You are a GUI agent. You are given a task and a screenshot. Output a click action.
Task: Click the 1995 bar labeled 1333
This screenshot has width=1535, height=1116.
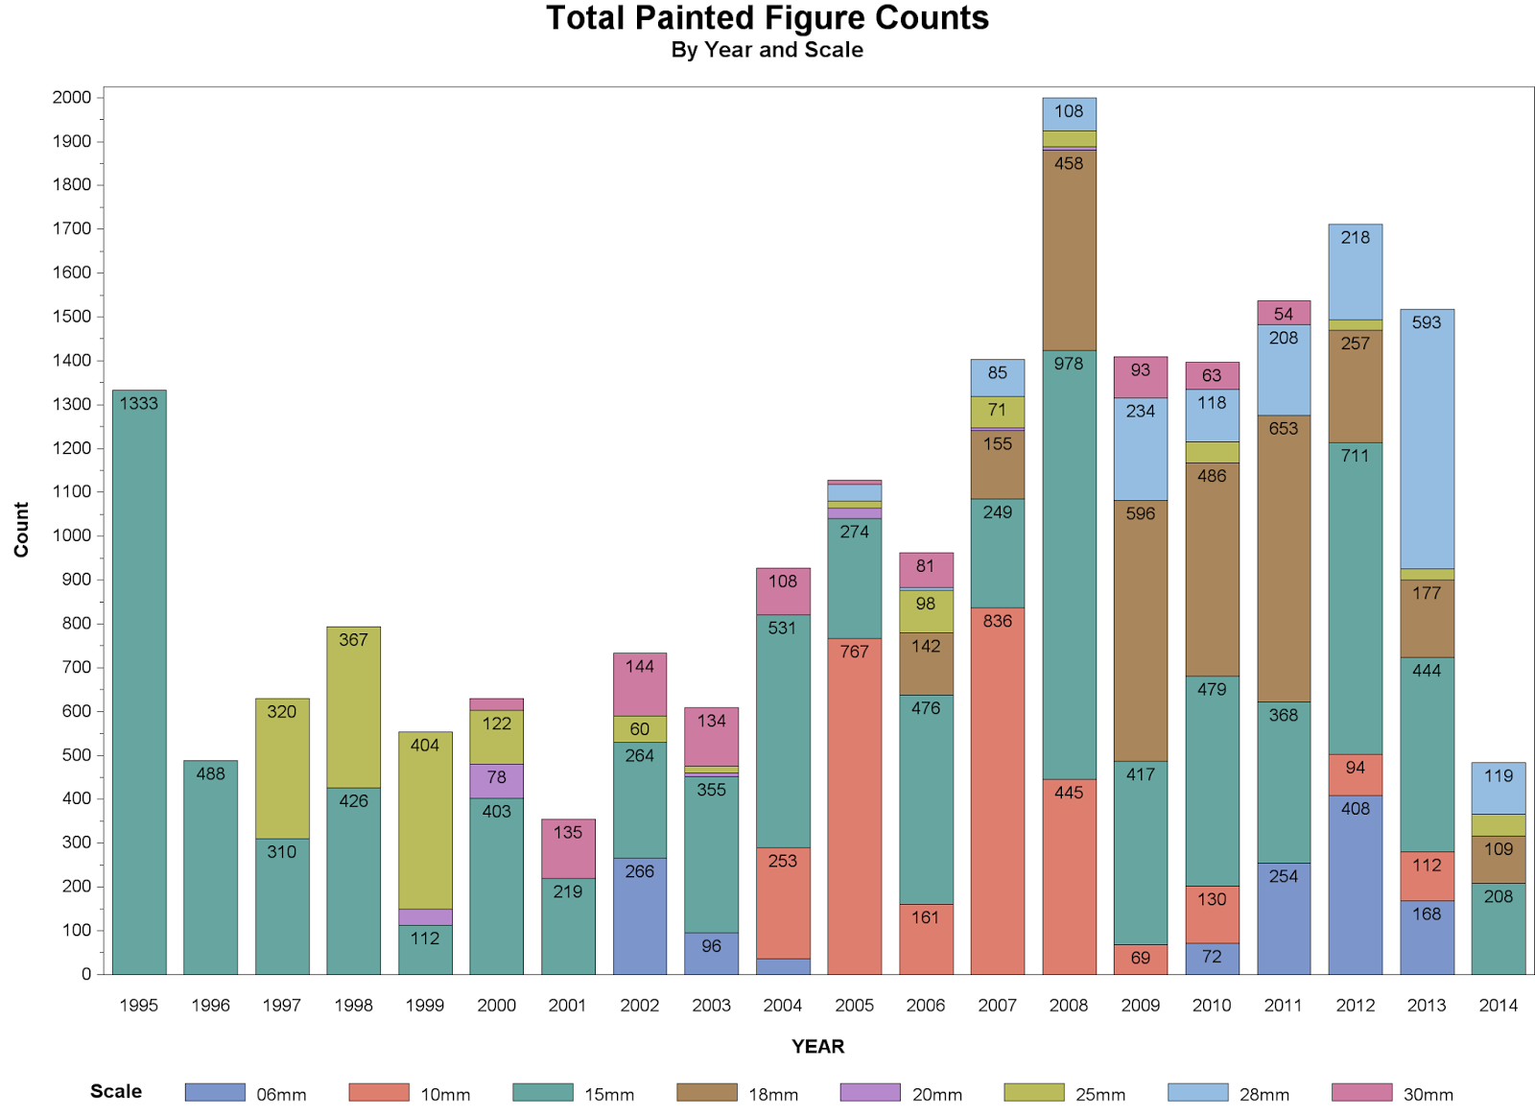coord(139,681)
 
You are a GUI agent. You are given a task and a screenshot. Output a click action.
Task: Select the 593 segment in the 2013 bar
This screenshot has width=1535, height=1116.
coord(1427,439)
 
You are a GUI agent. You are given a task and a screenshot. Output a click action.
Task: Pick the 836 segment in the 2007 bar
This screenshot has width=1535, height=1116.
coord(997,791)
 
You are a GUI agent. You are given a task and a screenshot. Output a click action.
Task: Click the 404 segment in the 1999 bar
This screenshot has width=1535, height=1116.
coord(425,820)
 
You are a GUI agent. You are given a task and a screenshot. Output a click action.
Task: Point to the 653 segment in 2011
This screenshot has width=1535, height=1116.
coord(1284,558)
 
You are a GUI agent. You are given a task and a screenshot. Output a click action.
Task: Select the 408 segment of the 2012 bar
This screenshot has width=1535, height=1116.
coord(1355,885)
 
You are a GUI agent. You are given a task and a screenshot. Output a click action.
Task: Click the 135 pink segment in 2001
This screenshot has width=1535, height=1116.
coord(568,848)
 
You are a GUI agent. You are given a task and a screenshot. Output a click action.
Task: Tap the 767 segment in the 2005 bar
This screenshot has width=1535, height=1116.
coord(854,806)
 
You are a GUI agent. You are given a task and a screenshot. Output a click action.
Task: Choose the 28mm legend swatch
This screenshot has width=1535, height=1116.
coord(1197,1092)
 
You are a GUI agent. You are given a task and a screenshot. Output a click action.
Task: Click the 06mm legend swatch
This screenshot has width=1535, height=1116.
coord(215,1092)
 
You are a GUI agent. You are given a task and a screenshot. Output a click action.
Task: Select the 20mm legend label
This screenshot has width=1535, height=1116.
coord(936,1094)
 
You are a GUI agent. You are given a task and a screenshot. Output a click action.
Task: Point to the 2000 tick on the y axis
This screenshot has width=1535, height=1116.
coord(73,97)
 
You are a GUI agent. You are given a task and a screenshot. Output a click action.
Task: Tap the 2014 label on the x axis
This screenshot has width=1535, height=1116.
coord(1498,1005)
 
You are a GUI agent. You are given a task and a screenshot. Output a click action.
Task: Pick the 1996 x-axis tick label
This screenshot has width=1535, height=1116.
coord(210,1005)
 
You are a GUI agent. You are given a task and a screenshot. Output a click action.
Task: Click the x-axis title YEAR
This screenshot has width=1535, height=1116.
coord(817,1046)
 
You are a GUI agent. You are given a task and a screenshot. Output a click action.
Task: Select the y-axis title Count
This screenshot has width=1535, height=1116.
coord(21,530)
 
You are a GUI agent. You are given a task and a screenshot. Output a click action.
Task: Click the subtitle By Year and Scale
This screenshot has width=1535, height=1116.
coord(767,50)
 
